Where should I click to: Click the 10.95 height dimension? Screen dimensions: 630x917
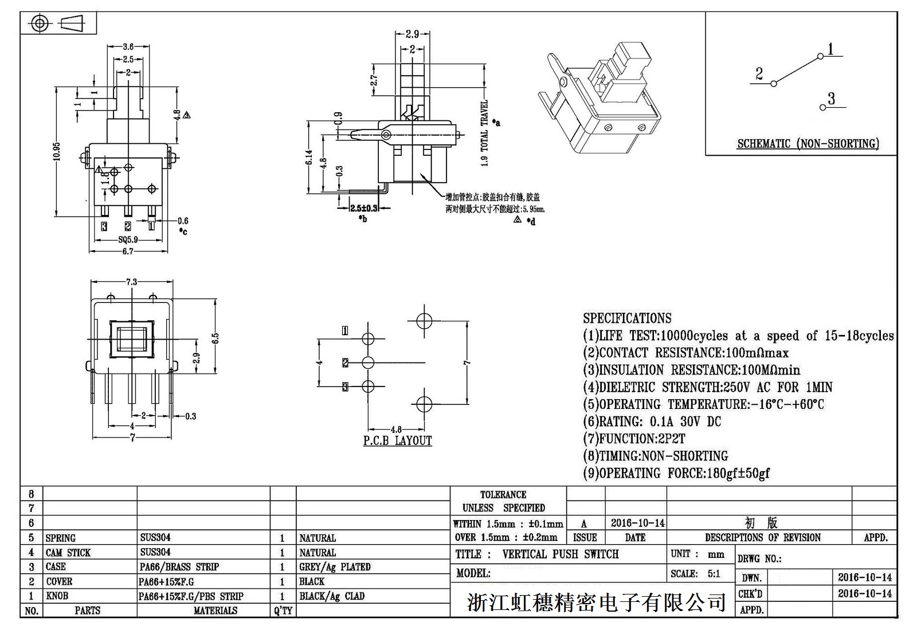tap(57, 151)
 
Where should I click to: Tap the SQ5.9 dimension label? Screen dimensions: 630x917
tap(128, 240)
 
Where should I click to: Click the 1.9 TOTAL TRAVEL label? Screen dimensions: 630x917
tap(485, 133)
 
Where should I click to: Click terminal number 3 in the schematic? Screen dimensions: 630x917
tap(832, 99)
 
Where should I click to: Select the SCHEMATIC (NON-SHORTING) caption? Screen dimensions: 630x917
tap(808, 144)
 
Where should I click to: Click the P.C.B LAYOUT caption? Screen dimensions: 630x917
tap(397, 440)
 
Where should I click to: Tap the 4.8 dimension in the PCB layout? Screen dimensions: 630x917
tap(396, 429)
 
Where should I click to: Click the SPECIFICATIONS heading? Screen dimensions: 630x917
tap(627, 318)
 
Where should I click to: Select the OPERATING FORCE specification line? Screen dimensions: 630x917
tap(676, 473)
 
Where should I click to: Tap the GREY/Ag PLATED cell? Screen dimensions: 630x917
tap(335, 567)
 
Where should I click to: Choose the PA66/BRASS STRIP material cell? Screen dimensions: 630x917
tap(179, 567)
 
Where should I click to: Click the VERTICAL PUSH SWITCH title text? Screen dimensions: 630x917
tap(560, 554)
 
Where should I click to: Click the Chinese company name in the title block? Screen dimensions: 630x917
tap(597, 602)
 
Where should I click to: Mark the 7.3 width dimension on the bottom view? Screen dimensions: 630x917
tap(131, 282)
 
